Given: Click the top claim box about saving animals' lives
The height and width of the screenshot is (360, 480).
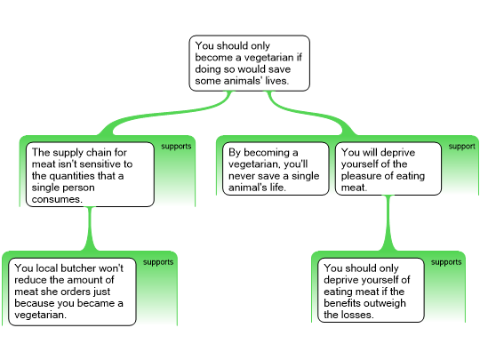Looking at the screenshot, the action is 249,63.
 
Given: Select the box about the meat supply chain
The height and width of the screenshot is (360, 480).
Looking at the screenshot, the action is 90,174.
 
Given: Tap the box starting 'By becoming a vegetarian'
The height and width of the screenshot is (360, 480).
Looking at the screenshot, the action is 276,169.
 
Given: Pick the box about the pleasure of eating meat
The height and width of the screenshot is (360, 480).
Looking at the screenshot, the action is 388,169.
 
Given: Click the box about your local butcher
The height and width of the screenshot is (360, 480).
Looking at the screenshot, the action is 72,292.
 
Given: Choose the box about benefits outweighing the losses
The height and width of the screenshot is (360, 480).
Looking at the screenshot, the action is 371,290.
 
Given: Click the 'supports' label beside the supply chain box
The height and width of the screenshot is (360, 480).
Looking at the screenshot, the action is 176,147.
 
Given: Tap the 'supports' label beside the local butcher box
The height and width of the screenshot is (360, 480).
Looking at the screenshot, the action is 158,262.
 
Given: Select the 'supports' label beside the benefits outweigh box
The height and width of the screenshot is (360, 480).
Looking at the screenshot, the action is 446,262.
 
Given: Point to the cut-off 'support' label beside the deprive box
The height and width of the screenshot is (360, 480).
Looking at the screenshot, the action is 461,147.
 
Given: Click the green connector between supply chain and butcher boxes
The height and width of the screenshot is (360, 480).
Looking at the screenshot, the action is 90,229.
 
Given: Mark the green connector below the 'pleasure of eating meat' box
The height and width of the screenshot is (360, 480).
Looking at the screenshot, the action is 388,223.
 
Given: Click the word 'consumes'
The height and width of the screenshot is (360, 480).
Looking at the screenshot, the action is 57,199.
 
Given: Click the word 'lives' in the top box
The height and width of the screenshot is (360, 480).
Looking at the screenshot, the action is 276,81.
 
